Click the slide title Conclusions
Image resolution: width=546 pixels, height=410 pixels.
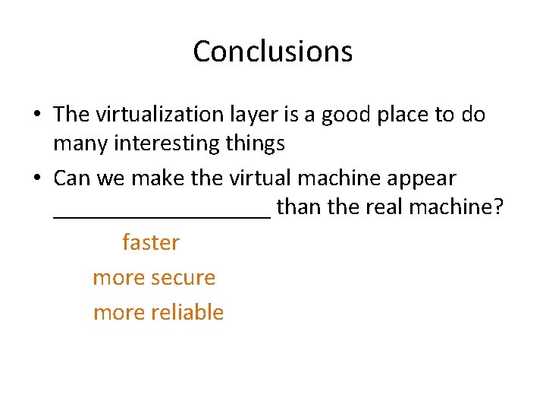click(x=273, y=52)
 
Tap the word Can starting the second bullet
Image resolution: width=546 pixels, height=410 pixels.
click(x=72, y=179)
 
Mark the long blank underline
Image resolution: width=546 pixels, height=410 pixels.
click(x=162, y=216)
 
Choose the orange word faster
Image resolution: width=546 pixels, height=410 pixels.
click(x=151, y=243)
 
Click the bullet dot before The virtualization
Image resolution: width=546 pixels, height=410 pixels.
click(x=36, y=115)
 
